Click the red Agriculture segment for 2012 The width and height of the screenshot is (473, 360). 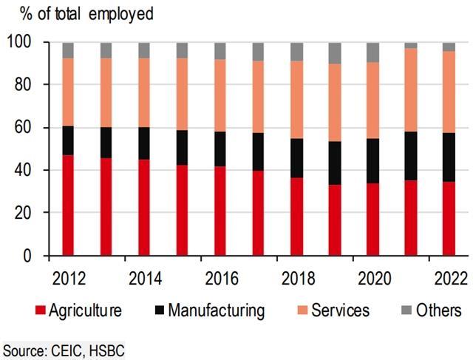[x=67, y=205]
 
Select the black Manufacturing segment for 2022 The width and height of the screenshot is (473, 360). [x=449, y=157]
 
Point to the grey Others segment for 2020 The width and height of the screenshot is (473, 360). [x=372, y=52]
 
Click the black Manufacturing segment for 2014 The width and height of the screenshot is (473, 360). [x=144, y=143]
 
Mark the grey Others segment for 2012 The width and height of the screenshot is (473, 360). [x=67, y=50]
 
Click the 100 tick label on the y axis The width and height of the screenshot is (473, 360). [x=21, y=43]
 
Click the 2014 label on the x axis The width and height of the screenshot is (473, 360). [x=144, y=279]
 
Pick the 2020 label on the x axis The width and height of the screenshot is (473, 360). [x=372, y=279]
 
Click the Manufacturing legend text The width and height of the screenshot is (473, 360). [x=216, y=310]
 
